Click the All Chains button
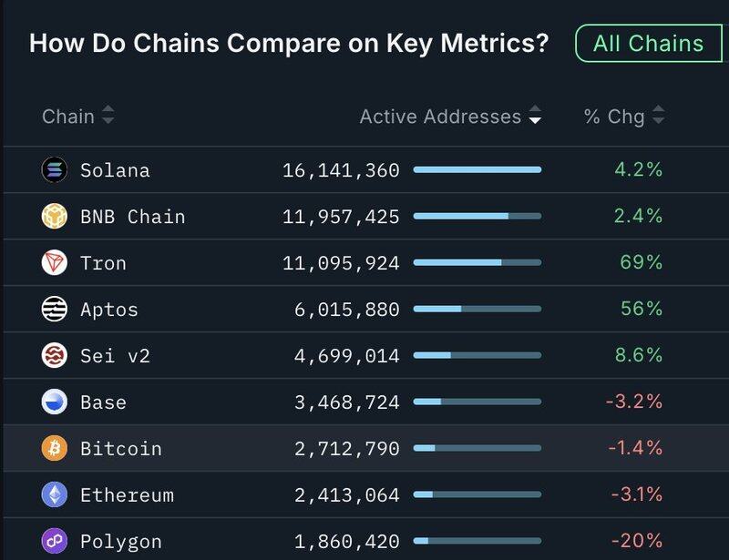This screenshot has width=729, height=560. (x=649, y=44)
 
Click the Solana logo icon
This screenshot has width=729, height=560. (x=55, y=170)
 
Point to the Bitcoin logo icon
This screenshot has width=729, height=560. (x=55, y=449)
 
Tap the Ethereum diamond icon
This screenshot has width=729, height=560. (x=55, y=495)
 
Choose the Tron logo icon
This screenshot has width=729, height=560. (x=55, y=263)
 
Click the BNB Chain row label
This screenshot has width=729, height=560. (x=132, y=217)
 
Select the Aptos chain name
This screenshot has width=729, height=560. (x=109, y=310)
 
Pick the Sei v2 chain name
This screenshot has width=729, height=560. (x=115, y=356)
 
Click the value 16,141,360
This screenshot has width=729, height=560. (x=341, y=170)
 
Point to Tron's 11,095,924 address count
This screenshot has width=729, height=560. (x=341, y=263)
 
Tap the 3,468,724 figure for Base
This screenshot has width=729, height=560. (x=346, y=402)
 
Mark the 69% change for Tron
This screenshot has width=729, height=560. (x=641, y=263)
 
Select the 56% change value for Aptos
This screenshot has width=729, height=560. (x=641, y=310)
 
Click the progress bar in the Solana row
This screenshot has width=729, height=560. (x=477, y=170)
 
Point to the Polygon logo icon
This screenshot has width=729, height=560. (x=55, y=542)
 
